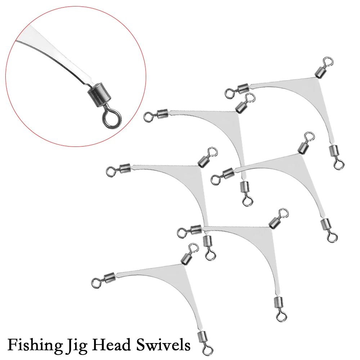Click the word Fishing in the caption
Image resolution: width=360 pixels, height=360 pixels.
[30, 345]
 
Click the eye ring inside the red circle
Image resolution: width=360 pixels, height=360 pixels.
[110, 119]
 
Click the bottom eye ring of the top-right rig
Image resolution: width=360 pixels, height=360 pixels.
[338, 164]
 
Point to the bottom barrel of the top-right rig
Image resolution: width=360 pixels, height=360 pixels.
[333, 149]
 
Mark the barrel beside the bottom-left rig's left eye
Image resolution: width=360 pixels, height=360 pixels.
[108, 278]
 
